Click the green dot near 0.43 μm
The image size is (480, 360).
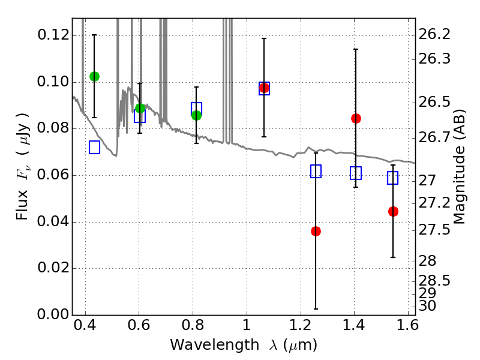tap(95, 77)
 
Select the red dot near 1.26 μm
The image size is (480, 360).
tap(316, 231)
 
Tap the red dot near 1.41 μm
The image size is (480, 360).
tap(356, 118)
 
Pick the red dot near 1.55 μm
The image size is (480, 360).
tap(393, 211)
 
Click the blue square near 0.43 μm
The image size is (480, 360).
tap(95, 147)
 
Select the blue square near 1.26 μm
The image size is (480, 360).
tap(316, 171)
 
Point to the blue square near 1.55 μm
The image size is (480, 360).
tap(392, 178)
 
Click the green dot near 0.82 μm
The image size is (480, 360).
tap(197, 115)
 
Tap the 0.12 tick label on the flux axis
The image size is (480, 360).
tap(53, 35)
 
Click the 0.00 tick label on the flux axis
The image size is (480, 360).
tap(53, 314)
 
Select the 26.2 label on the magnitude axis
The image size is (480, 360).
tap(434, 34)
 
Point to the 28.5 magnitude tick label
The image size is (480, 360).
tap(434, 280)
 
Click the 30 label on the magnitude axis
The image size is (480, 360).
tap(427, 305)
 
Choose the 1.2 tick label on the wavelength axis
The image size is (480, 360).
tap(301, 325)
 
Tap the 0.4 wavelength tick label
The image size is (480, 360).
tap(85, 325)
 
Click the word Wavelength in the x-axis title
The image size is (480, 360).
tap(215, 345)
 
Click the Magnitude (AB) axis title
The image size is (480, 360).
tap(458, 167)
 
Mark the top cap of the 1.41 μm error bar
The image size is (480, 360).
tap(356, 49)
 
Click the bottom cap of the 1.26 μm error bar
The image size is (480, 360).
tap(316, 309)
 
